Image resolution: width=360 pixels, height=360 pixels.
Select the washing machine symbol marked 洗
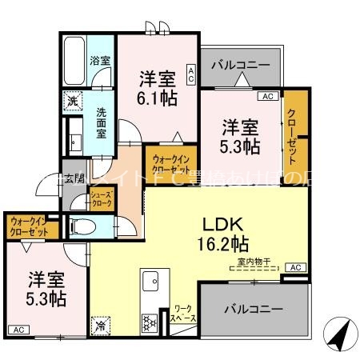point(73,102)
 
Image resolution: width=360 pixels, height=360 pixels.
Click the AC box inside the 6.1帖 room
point(191,74)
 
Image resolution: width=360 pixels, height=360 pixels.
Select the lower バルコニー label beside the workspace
point(252,308)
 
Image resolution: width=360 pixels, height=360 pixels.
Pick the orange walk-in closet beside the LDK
point(169,163)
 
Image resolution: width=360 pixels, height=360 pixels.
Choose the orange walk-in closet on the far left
point(28,226)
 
